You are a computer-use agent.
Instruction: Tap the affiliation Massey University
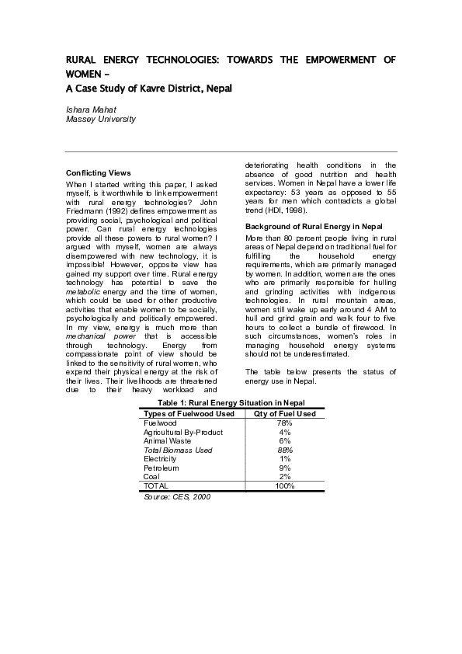(100, 120)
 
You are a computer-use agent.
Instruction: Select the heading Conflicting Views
(99, 172)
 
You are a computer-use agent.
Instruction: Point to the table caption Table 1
(231, 402)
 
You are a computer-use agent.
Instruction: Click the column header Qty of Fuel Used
(284, 413)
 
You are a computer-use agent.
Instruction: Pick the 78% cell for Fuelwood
(284, 423)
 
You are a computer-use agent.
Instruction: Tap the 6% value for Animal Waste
(284, 440)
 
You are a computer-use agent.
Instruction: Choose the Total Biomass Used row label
(178, 450)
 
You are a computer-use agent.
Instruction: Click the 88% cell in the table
(284, 450)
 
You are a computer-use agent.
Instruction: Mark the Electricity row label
(161, 459)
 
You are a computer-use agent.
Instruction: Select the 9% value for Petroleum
(284, 468)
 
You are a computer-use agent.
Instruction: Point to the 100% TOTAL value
(284, 486)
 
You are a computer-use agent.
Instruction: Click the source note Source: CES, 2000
(177, 496)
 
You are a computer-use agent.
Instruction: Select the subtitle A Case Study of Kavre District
(148, 89)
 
